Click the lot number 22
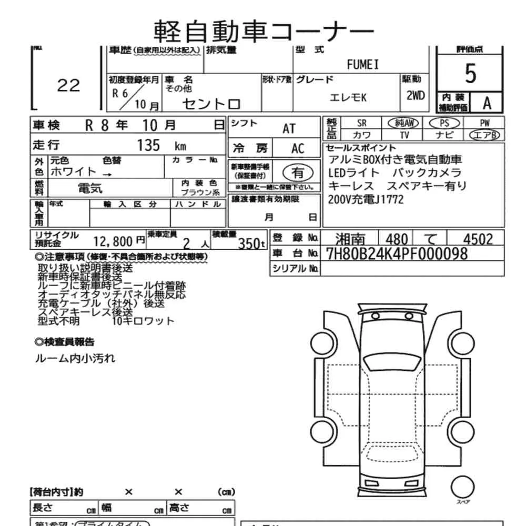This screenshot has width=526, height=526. point(68,85)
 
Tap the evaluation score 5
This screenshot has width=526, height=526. point(470,74)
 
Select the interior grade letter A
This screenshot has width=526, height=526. point(487,104)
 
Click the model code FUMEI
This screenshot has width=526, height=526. point(362,65)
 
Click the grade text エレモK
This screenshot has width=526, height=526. point(348,98)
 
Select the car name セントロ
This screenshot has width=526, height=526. point(211,104)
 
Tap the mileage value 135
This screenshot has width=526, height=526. point(148,145)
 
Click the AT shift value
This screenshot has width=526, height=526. point(289,128)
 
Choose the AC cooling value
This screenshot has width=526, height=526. point(298,148)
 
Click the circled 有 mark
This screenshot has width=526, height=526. point(298,173)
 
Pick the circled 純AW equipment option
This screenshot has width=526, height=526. point(403,123)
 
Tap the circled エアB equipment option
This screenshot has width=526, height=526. point(484,135)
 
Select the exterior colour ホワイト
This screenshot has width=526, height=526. point(73,171)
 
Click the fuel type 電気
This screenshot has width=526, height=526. point(90,188)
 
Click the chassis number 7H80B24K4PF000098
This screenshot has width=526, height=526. point(397,254)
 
